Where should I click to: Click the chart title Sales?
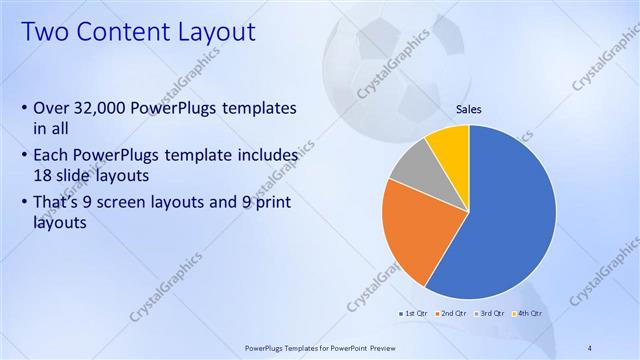point(469,109)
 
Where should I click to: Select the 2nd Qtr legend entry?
point(452,314)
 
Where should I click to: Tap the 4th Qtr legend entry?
point(526,314)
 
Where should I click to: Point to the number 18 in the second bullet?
point(44,174)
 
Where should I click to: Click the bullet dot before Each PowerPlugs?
point(24,157)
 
